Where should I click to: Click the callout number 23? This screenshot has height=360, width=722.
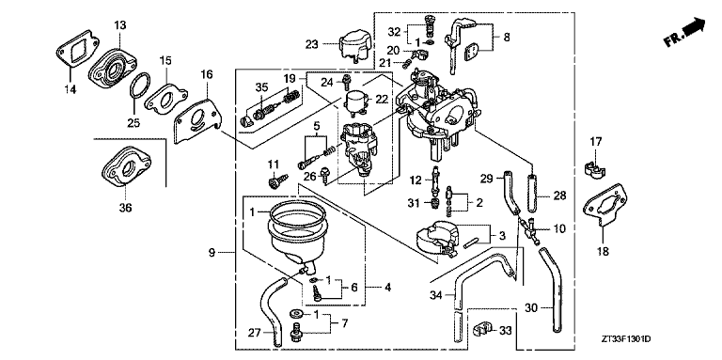(x=312, y=42)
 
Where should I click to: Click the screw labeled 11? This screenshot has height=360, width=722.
(x=275, y=176)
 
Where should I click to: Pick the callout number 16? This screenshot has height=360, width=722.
(x=207, y=73)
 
